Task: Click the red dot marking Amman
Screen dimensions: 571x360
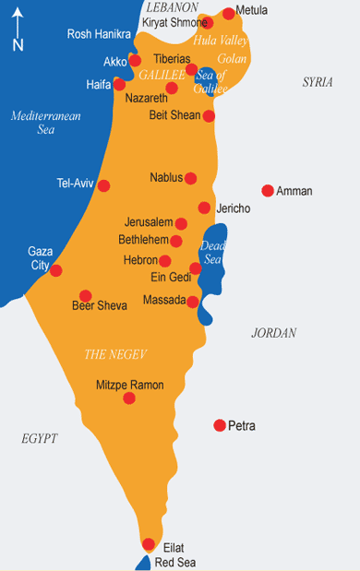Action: click(x=268, y=191)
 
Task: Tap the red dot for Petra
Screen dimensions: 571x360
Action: click(x=220, y=425)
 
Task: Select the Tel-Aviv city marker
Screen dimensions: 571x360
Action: click(x=103, y=185)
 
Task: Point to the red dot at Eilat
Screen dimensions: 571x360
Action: click(x=149, y=544)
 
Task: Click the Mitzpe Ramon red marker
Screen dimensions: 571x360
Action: click(x=129, y=398)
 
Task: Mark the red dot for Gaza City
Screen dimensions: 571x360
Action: click(x=55, y=270)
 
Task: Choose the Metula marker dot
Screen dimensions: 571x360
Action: click(x=229, y=14)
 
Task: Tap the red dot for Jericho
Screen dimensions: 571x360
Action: click(x=204, y=208)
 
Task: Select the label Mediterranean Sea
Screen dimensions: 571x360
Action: click(x=46, y=123)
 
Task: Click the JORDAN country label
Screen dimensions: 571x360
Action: click(x=273, y=333)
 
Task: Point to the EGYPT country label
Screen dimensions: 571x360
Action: click(x=40, y=438)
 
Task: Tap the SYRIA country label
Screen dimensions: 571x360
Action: click(x=318, y=83)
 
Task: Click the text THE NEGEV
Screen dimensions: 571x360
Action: click(x=115, y=354)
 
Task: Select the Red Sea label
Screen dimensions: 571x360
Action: click(x=175, y=562)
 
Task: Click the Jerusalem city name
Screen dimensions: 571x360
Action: click(x=149, y=222)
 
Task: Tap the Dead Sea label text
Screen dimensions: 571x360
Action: click(x=213, y=252)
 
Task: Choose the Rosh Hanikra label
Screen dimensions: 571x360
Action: click(x=99, y=34)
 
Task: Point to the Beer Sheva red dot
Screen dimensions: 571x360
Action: click(x=85, y=296)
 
